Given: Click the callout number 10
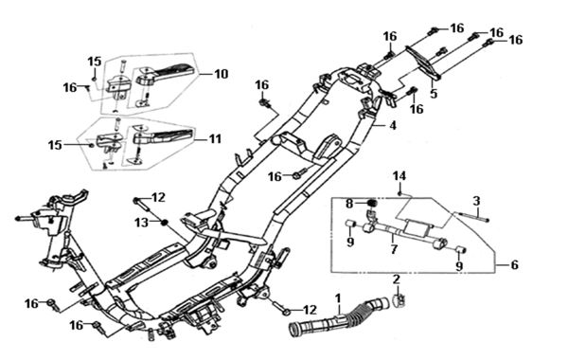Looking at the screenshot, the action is (x=221, y=74).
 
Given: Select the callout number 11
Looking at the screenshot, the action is (x=215, y=139).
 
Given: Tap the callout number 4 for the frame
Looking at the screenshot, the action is (x=393, y=126).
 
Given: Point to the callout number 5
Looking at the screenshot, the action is (x=434, y=93).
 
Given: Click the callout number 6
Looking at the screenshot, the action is (x=514, y=265).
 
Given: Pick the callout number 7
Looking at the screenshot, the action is (x=394, y=249).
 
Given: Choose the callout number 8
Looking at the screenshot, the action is (x=349, y=204).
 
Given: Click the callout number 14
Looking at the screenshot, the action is (x=400, y=175).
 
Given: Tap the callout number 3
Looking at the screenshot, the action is (x=476, y=201).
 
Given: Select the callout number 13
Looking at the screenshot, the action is (x=142, y=223).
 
